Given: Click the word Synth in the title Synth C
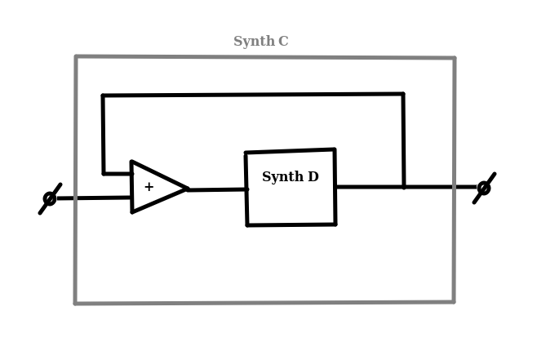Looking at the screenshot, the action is [254, 42].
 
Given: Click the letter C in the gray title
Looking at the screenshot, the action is [283, 41].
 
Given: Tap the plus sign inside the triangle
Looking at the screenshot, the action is [149, 187].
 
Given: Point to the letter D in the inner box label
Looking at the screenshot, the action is [313, 177].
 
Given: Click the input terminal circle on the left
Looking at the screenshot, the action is [50, 198].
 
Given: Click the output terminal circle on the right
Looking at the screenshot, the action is [484, 188].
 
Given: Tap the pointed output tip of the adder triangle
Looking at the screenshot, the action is [188, 189].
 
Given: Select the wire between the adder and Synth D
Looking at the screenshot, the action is [217, 189].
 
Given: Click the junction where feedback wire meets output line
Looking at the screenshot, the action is [404, 187].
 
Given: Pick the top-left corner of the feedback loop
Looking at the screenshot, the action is [103, 96].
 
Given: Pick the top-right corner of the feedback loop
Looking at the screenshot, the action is [403, 94].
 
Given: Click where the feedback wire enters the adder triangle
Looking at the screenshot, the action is [132, 174].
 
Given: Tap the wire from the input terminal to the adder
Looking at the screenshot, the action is [94, 198].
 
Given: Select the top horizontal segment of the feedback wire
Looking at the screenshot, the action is [253, 95].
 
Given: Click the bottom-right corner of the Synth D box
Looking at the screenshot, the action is [335, 224].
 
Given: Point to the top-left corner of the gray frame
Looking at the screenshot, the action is [76, 56].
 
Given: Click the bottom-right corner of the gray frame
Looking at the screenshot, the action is [454, 302].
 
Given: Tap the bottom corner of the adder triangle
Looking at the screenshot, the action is [132, 212].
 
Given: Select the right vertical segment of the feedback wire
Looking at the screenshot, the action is [404, 140].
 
